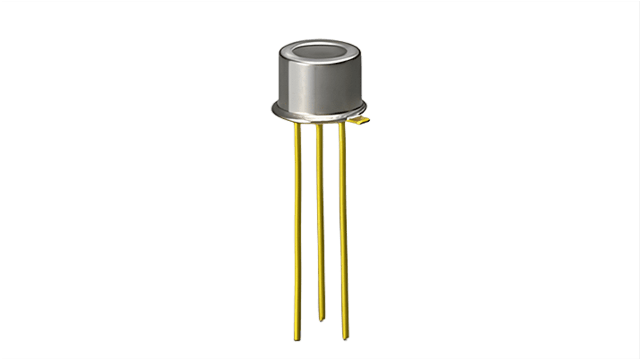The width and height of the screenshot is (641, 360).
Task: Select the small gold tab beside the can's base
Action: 362,120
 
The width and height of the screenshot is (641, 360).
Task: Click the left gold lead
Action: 297,226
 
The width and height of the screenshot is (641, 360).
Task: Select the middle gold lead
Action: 320,217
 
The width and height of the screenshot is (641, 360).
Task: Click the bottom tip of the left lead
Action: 297,339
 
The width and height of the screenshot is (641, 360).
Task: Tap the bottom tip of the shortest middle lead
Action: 321,319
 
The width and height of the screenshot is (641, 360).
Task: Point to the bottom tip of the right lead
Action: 345,337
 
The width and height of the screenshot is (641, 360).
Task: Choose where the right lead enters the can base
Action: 342,124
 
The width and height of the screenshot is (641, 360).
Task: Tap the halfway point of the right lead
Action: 344,231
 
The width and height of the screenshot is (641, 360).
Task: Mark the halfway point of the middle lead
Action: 320,222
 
